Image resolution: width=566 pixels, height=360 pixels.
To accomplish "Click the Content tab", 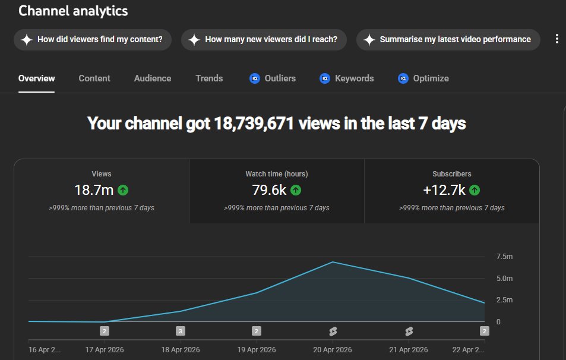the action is coord(94,78).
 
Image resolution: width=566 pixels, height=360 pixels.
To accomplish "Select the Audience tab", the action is coord(152,78).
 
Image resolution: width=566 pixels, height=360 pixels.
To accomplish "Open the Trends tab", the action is coord(209,78).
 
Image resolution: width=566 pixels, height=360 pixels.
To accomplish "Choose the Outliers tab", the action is coord(273,78).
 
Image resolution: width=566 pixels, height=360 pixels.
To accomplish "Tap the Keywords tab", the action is coord(346,78).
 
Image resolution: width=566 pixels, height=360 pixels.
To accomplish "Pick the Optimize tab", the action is coord(423,78).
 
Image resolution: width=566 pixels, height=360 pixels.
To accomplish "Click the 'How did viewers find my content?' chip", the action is coord(93,39).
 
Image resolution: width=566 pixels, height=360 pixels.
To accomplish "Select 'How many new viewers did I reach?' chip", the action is coord(264,39).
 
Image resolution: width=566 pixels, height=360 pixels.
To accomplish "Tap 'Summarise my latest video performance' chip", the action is coord(448,39).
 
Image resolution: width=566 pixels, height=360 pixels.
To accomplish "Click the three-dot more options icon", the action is coord(557,39).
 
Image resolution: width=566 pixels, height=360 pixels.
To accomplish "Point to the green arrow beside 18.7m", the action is coord(123,190).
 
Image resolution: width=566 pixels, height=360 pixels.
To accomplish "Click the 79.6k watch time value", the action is coord(269,190).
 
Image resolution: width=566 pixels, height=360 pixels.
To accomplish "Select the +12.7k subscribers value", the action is coord(444,190).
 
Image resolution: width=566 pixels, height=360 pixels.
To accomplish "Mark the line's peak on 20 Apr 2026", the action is coord(333,262).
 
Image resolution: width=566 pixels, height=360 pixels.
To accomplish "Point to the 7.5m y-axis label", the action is coord(504,257).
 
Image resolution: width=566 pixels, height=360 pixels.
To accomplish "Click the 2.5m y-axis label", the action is coord(504,299).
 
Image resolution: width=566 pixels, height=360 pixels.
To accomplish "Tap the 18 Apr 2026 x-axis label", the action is coord(181,349).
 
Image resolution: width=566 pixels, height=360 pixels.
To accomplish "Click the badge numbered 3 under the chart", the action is coord(181,331).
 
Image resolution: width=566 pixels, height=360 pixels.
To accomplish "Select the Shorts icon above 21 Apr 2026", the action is coord(409,331).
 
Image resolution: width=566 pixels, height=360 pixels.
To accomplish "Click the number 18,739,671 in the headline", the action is coord(254,124).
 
